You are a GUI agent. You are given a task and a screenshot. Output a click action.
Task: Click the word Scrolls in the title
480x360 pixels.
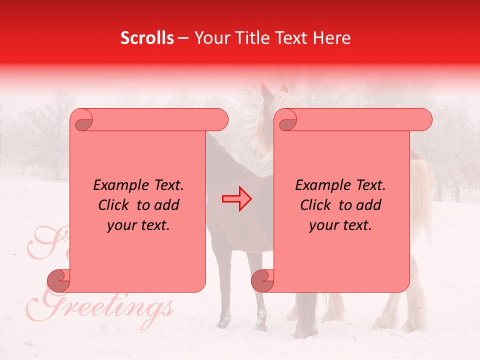tap(147, 38)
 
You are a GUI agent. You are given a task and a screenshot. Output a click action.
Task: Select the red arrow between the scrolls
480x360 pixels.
tap(236, 199)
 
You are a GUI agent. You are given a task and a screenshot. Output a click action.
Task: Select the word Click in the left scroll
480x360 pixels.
tap(114, 205)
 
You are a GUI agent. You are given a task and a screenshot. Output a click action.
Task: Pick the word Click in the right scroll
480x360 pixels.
tap(316, 205)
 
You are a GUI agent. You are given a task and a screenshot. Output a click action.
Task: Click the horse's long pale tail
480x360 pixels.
tap(423, 195)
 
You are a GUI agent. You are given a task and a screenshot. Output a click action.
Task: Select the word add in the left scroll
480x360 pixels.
tap(167, 205)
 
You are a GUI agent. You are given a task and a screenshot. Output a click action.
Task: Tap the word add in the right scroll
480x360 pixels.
tap(369, 205)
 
